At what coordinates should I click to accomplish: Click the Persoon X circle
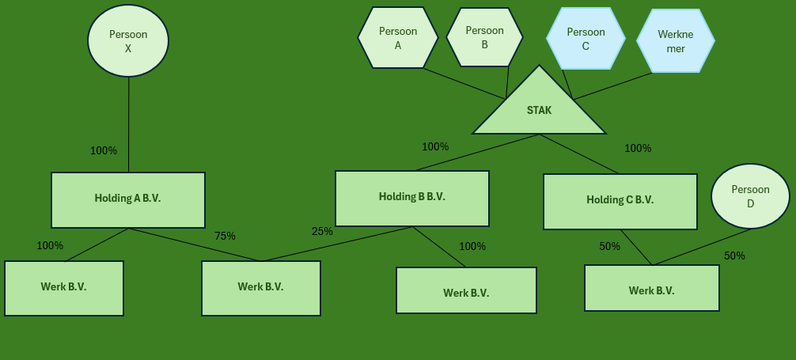(x=128, y=41)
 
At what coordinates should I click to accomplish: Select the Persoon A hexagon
(x=398, y=38)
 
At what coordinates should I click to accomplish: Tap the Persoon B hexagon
(x=484, y=37)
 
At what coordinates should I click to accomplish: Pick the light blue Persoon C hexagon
(x=586, y=39)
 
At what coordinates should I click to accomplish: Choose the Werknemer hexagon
(x=675, y=41)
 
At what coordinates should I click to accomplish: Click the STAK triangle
(x=539, y=111)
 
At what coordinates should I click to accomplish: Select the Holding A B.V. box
(x=128, y=199)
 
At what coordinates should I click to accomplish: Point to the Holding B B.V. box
(x=411, y=198)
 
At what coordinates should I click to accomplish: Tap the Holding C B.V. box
(x=620, y=201)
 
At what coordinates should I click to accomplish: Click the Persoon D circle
(x=750, y=196)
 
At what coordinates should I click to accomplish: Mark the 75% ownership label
(x=225, y=236)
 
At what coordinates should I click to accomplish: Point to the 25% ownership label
(x=322, y=231)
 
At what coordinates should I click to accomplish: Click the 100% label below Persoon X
(x=104, y=150)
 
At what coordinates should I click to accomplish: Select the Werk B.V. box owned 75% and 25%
(x=261, y=288)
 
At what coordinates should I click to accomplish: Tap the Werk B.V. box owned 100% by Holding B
(x=466, y=290)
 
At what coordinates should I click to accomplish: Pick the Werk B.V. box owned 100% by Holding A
(x=64, y=288)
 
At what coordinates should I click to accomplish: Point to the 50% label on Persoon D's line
(x=734, y=256)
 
